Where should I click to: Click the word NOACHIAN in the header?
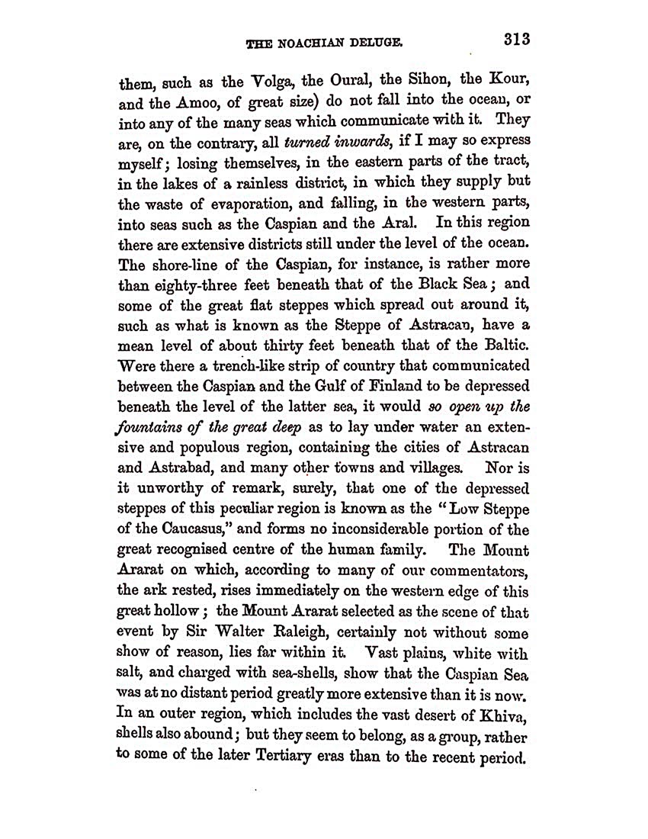point(317,44)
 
